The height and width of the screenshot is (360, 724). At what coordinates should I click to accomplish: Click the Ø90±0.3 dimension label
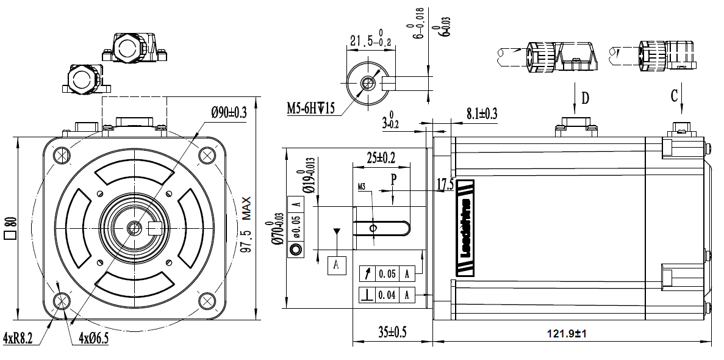(x=229, y=112)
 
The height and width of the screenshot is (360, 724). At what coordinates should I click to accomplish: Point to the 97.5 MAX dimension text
(x=246, y=228)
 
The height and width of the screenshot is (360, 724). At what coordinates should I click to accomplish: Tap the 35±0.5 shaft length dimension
(x=392, y=333)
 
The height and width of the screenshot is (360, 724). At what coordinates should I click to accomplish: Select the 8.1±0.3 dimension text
(x=482, y=113)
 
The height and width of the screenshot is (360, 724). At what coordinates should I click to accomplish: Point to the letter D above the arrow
(x=585, y=97)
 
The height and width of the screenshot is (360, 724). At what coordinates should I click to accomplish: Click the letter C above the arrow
(x=675, y=95)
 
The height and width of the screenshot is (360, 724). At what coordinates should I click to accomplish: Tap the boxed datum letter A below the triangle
(x=337, y=266)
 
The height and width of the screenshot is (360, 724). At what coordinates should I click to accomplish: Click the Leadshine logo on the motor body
(x=465, y=227)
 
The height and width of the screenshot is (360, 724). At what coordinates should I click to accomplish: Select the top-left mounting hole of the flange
(x=62, y=155)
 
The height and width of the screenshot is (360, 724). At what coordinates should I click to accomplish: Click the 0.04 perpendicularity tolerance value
(x=387, y=295)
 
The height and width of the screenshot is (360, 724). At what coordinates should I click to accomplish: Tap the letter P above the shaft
(x=394, y=179)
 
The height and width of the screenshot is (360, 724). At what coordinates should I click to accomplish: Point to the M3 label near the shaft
(x=362, y=187)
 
